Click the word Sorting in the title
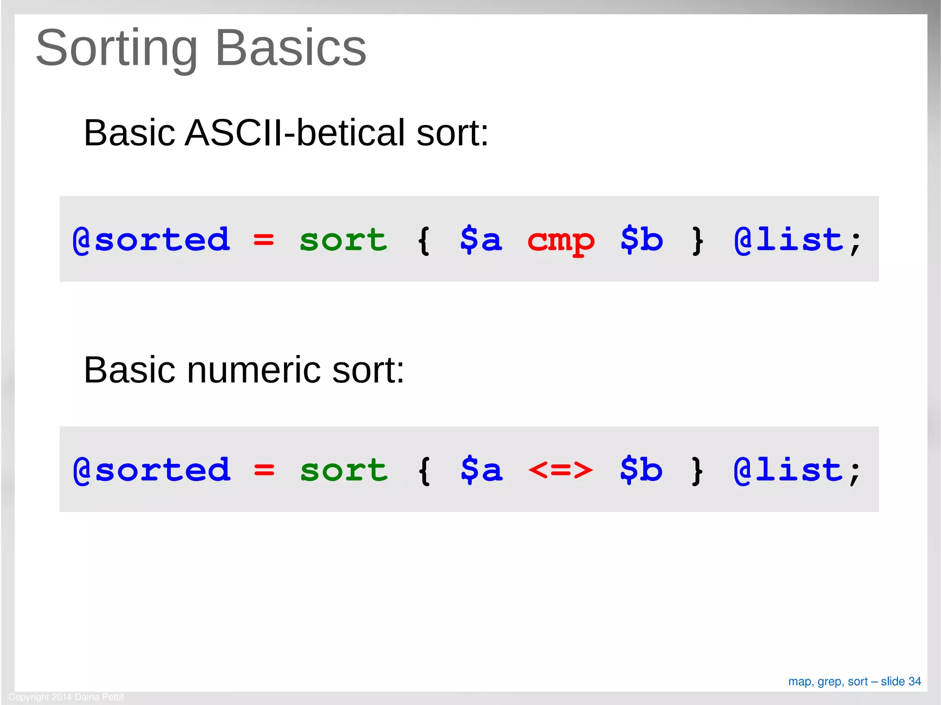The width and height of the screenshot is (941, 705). [x=116, y=48]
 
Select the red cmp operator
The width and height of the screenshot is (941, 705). [x=561, y=240]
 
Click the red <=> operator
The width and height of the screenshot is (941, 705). [x=561, y=470]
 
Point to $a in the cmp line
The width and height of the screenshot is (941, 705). [x=481, y=239]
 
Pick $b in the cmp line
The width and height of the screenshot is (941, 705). [x=641, y=239]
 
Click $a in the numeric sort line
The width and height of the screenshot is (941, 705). [x=481, y=470]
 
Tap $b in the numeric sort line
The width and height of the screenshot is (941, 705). [x=641, y=470]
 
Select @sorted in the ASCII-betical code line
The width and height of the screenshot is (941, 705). [x=151, y=240]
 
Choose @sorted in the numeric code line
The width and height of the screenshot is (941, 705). [x=152, y=470]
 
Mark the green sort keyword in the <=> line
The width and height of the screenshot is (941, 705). [x=344, y=470]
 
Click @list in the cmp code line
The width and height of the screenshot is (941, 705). [x=788, y=240]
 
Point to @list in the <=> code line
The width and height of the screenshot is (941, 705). [x=788, y=470]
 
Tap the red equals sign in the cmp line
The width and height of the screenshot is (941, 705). [x=263, y=240]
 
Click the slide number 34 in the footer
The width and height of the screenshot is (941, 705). [x=914, y=682]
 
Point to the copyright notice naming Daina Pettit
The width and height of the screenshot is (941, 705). [x=66, y=697]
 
